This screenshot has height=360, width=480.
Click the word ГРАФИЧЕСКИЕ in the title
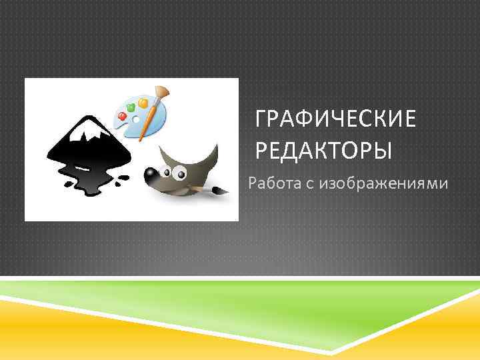335,122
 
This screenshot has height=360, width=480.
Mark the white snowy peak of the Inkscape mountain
87,137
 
